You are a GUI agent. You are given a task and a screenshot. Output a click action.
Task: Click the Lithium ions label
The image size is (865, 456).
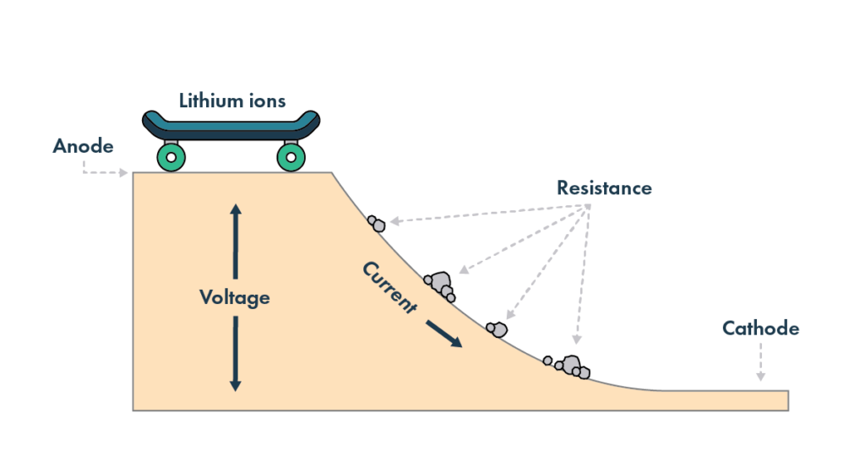232,101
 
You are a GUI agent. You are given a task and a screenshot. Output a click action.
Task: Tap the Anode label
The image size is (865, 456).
83,146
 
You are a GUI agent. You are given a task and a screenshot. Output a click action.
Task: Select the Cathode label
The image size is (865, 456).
760,328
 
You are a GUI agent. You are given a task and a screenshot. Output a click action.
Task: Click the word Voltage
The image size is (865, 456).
235,297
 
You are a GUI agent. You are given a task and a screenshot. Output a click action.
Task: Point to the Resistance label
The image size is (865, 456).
603,188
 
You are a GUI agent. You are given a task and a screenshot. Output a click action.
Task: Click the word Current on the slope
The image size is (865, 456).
389,287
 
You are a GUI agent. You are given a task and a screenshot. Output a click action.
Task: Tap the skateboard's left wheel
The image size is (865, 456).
171,156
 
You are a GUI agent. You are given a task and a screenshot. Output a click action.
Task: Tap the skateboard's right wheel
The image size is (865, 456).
291,156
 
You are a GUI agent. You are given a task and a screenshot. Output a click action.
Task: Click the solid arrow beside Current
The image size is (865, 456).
444,333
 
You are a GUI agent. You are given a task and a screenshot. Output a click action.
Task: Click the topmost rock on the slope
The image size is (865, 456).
377,224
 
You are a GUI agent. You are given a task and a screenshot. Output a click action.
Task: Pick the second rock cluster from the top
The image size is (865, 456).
440,285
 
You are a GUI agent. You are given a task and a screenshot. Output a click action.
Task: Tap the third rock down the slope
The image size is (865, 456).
497,328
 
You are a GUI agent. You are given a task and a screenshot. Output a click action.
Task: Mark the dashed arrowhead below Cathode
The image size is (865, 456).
760,377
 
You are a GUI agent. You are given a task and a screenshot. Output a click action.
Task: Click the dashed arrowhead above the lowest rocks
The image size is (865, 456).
576,341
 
